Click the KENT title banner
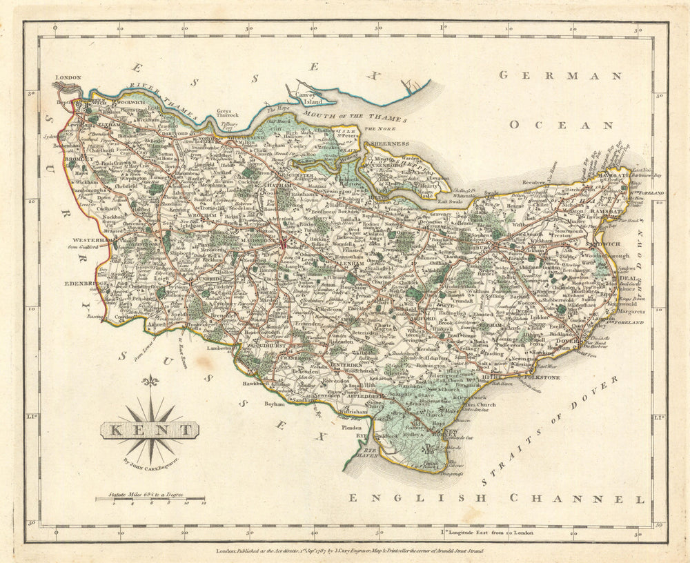click(150, 431)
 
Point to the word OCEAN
click(561, 126)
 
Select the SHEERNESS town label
click(391, 144)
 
